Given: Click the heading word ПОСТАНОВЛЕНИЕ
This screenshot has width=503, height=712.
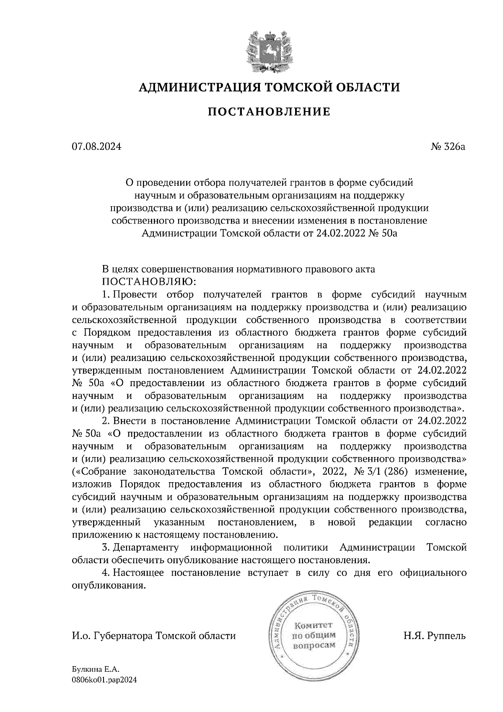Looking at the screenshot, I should click(269, 112).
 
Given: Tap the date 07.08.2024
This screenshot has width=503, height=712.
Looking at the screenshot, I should click(96, 147).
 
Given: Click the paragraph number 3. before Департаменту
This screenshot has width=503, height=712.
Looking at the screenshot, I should click(106, 548).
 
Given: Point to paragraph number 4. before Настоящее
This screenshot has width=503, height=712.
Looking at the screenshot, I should click(106, 573).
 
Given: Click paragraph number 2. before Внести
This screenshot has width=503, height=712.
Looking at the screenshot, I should click(106, 421).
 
